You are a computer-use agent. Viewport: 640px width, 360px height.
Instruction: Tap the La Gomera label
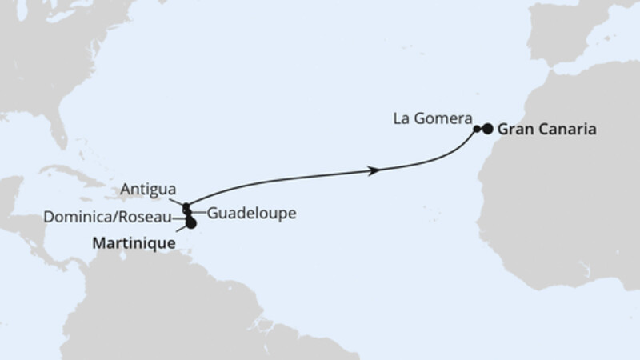click(430, 120)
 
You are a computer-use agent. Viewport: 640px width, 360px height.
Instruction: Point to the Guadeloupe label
click(252, 214)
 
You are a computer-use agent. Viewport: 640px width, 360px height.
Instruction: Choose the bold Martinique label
click(133, 238)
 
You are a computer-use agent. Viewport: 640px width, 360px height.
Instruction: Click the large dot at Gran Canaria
click(487, 128)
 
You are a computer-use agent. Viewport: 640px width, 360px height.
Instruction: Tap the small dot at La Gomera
click(477, 128)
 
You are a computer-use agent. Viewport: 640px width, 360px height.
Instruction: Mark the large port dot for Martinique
click(190, 223)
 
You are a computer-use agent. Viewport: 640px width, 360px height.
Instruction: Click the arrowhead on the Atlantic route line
click(373, 170)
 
